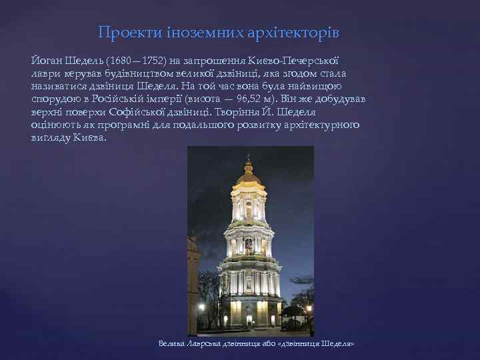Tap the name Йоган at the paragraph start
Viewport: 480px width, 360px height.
45,61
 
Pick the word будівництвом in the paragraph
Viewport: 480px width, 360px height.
129,73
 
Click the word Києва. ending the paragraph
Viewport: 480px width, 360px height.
90,137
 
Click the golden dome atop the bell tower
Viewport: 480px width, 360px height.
248,175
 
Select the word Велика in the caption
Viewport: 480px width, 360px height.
172,343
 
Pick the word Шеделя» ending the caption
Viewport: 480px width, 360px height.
337,343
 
